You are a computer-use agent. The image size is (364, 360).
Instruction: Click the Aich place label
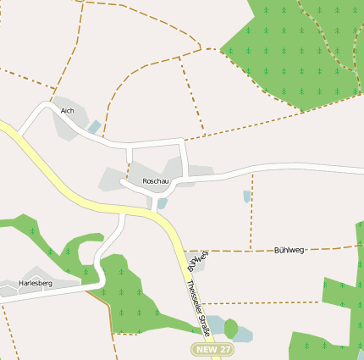pyautogui.click(x=68, y=110)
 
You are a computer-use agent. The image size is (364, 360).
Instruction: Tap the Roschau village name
pyautogui.click(x=156, y=181)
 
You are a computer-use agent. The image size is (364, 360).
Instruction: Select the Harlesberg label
pyautogui.click(x=35, y=283)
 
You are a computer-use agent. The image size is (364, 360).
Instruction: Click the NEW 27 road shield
pyautogui.click(x=212, y=349)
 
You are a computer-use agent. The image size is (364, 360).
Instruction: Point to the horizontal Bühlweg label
pyautogui.click(x=290, y=250)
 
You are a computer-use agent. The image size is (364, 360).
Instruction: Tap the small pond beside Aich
pyautogui.click(x=94, y=127)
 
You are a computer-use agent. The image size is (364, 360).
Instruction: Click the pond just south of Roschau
pyautogui.click(x=162, y=203)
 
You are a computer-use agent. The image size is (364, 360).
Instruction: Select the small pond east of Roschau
pyautogui.click(x=246, y=197)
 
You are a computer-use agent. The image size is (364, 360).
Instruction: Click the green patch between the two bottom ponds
pyautogui.click(x=230, y=327)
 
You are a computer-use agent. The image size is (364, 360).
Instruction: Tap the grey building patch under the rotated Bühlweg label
pyautogui.click(x=196, y=263)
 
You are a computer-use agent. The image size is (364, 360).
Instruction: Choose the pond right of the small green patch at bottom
pyautogui.click(x=244, y=333)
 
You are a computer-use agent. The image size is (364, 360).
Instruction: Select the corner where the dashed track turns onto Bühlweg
pyautogui.click(x=252, y=250)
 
